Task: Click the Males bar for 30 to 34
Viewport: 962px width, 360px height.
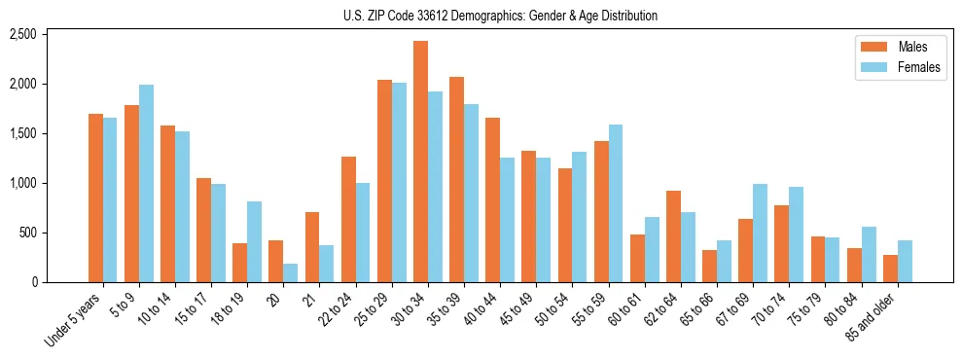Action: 420,162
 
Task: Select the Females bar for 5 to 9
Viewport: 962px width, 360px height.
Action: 146,184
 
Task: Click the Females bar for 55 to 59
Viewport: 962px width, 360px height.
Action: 616,203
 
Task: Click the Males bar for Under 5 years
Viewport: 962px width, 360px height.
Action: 95,198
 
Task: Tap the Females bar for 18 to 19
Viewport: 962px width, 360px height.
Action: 254,242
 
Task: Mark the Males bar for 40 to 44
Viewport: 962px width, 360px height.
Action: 493,200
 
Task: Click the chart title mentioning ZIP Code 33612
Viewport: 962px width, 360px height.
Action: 500,16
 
